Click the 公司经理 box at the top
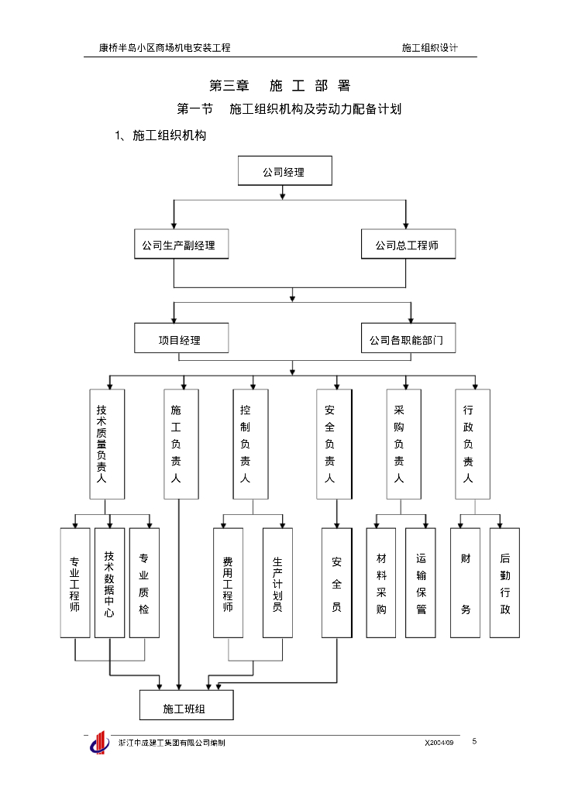coord(284,171)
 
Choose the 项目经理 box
coord(181,338)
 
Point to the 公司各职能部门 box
coord(408,338)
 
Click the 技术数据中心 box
coord(109,582)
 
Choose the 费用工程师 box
coord(228,582)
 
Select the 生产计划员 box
coord(277,582)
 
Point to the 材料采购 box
coord(381,582)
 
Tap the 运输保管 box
coord(421,582)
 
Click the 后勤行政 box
coord(504,582)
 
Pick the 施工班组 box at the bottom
coord(186,705)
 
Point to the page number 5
coord(474,741)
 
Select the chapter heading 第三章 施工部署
coord(280,86)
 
